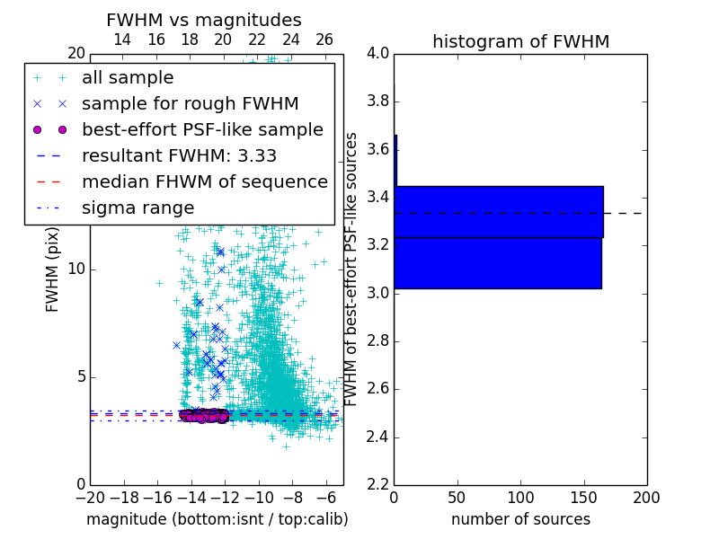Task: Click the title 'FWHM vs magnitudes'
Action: click(x=204, y=20)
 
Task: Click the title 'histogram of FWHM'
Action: click(x=520, y=41)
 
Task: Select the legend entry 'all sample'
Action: click(x=128, y=78)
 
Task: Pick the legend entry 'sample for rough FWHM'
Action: click(x=190, y=103)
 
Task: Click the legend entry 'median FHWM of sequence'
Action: click(x=204, y=181)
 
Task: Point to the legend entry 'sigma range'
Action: click(x=138, y=208)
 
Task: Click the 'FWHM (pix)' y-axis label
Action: click(x=53, y=269)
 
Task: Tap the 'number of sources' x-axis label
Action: click(x=520, y=519)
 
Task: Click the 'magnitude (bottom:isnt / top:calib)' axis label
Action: click(x=217, y=519)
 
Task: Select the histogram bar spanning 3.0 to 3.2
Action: click(x=497, y=262)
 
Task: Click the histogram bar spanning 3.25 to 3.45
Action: click(x=498, y=211)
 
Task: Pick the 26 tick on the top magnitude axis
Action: click(x=324, y=40)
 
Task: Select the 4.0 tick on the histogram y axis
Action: click(x=378, y=53)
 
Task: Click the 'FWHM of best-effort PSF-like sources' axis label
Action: click(x=352, y=269)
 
